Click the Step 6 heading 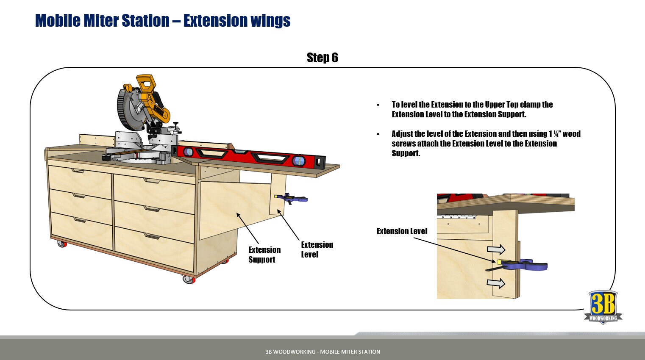point(322,58)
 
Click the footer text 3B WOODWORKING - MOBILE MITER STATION point(322,352)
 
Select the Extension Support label point(264,255)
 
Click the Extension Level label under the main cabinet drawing point(317,249)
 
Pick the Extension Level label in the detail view point(402,231)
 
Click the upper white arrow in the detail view point(496,249)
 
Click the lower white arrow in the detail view point(496,283)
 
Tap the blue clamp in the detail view point(525,265)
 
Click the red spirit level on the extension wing point(250,156)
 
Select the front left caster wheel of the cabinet point(62,244)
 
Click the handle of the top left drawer point(78,171)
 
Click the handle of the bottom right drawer point(152,236)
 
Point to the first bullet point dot point(378,105)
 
